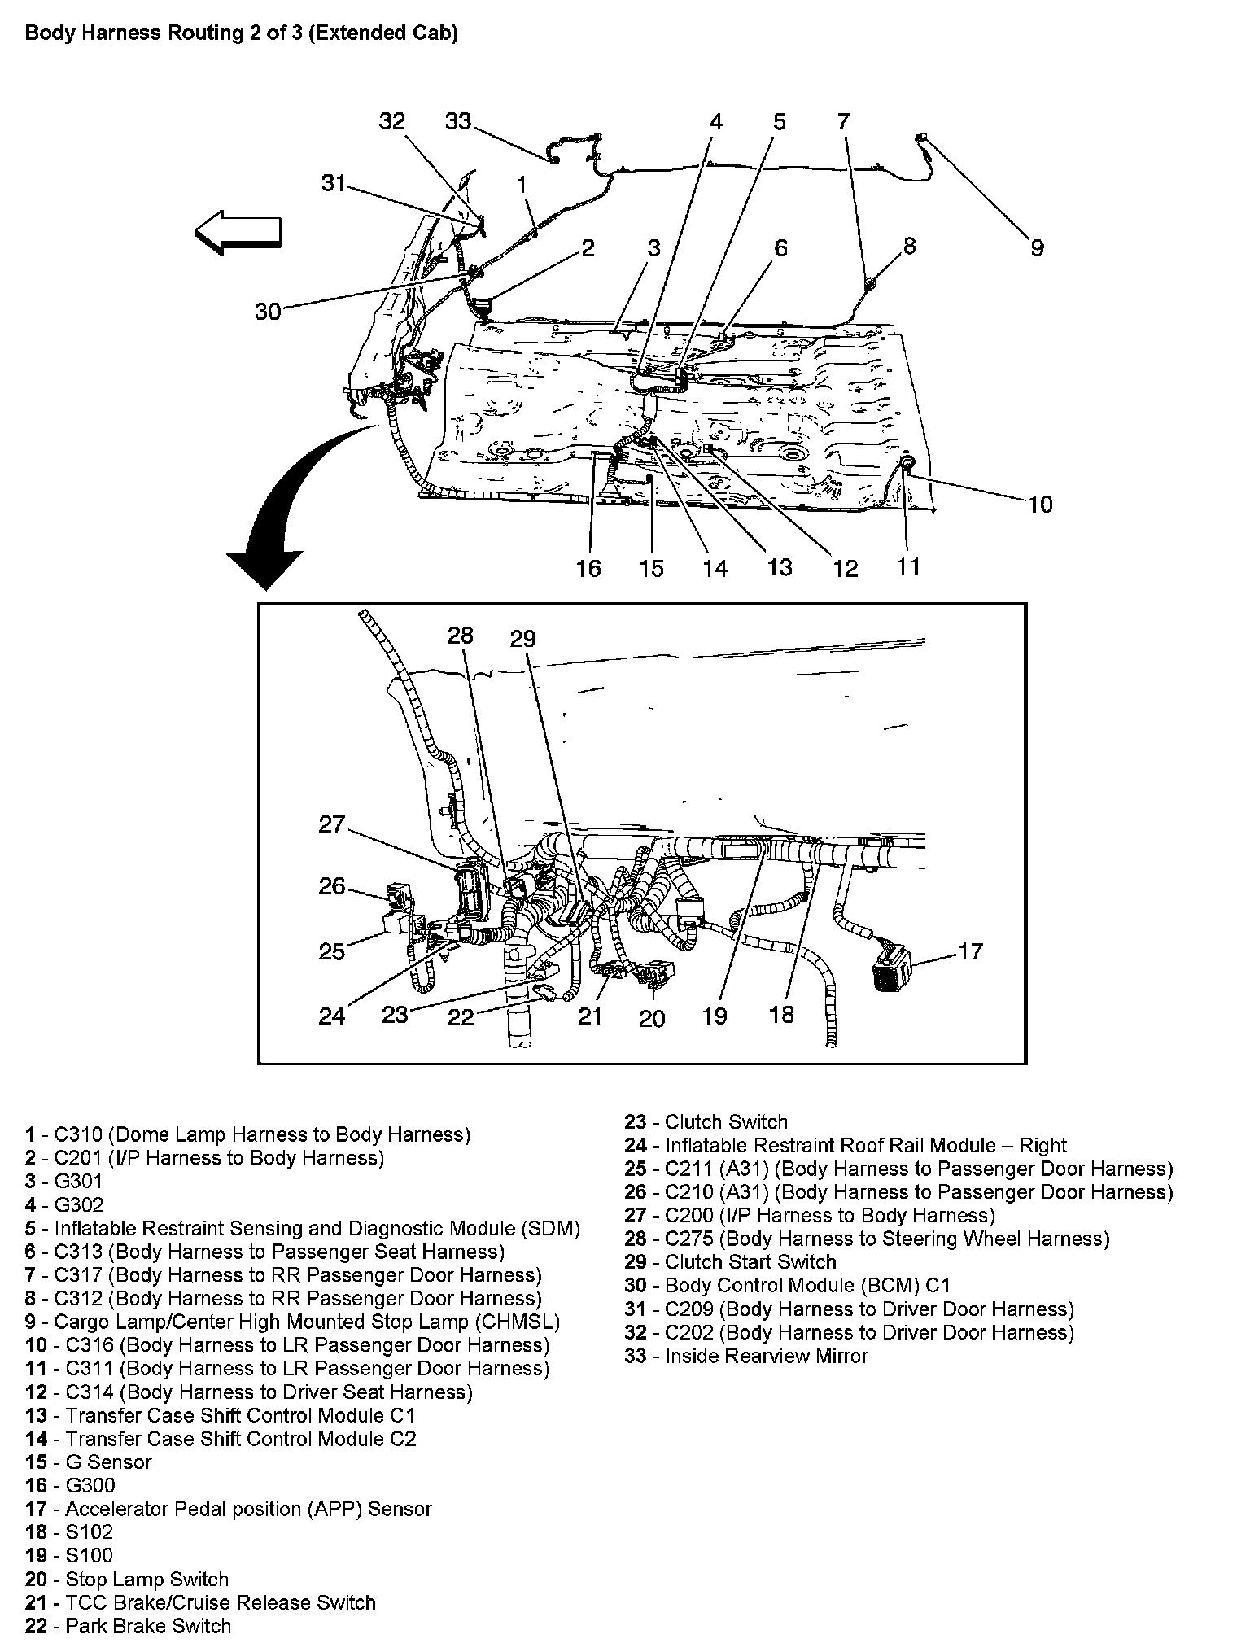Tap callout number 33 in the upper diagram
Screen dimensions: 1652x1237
pyautogui.click(x=458, y=121)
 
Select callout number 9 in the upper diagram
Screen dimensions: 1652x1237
pyautogui.click(x=1037, y=247)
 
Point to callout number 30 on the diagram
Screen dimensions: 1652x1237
pyautogui.click(x=267, y=311)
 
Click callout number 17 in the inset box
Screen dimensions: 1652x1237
pyautogui.click(x=971, y=951)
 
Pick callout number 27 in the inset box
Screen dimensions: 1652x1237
pyautogui.click(x=332, y=824)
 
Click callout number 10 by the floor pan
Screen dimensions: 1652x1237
pyautogui.click(x=1040, y=505)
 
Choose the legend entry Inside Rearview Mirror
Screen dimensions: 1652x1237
pyautogui.click(x=766, y=1356)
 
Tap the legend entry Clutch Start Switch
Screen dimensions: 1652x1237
pyautogui.click(x=750, y=1262)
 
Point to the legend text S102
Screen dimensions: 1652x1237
pyautogui.click(x=90, y=1532)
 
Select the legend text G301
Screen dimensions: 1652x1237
pyautogui.click(x=78, y=1181)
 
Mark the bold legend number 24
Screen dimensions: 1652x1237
pyautogui.click(x=636, y=1146)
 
